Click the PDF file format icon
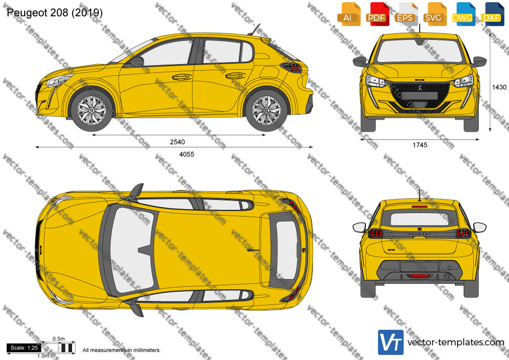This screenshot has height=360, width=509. pos(376,14)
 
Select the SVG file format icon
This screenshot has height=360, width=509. pos(434,14)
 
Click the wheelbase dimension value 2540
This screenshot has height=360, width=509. pos(177,142)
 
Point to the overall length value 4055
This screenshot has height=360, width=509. pos(186,154)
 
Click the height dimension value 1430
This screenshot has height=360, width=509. pos(499,87)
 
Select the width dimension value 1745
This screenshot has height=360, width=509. pos(420,145)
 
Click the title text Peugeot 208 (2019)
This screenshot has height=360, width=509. pos(54,13)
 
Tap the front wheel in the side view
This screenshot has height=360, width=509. pos(92,110)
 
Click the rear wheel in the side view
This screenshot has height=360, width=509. pos(267,110)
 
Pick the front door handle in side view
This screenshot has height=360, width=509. pos(181,77)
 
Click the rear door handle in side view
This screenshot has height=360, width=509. pos(236,76)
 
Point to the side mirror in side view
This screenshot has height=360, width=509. pos(137,62)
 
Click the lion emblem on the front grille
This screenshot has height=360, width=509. pos(420,87)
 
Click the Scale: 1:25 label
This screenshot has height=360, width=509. pos(24,348)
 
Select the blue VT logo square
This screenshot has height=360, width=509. pos(391,342)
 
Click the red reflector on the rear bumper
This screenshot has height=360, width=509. pos(419,276)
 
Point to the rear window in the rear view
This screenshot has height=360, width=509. pos(419,219)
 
